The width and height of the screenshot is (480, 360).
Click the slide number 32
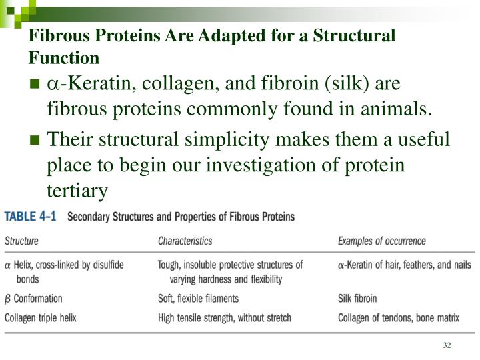click(x=447, y=345)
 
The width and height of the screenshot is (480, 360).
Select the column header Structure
click(x=22, y=241)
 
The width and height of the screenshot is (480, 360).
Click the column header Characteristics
click(x=185, y=241)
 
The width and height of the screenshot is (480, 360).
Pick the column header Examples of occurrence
click(x=381, y=241)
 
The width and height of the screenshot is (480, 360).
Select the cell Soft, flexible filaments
click(x=198, y=299)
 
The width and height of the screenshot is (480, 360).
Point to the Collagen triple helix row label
click(x=41, y=318)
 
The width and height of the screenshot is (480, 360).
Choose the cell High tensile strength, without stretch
click(x=224, y=318)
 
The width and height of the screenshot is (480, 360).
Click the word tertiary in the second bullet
click(x=77, y=191)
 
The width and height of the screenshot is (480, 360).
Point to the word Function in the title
click(x=63, y=58)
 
